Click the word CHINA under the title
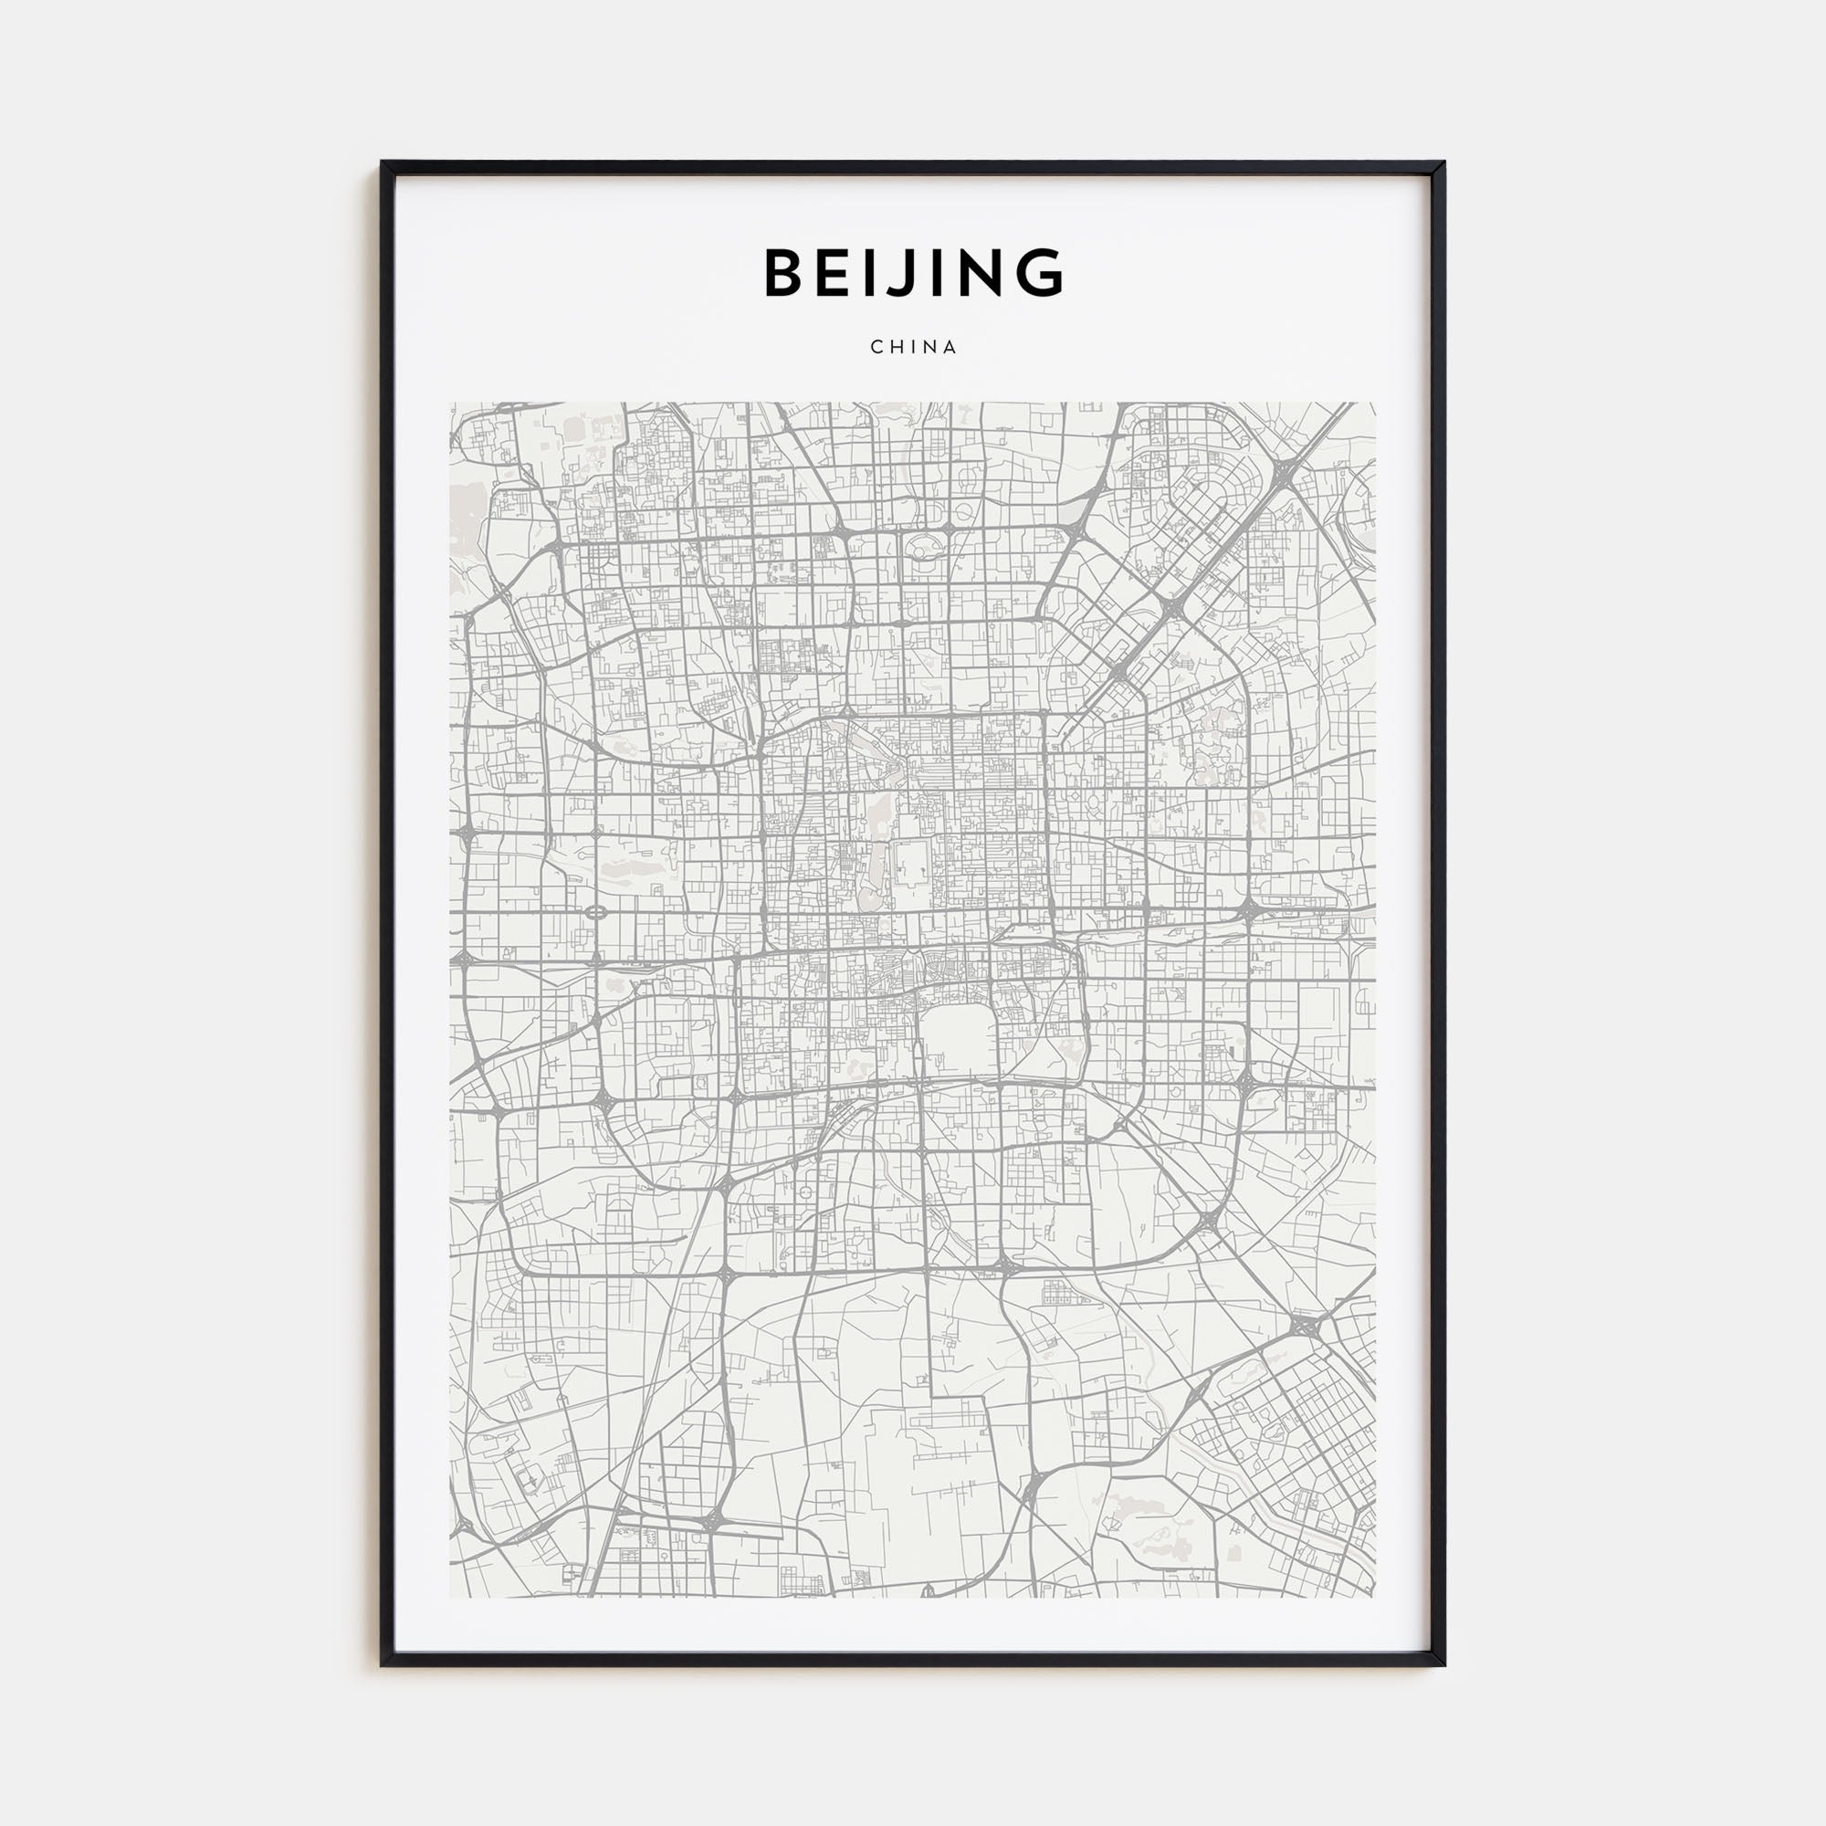coord(913,347)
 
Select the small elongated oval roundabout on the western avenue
coord(596,913)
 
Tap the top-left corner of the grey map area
coord(451,404)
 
